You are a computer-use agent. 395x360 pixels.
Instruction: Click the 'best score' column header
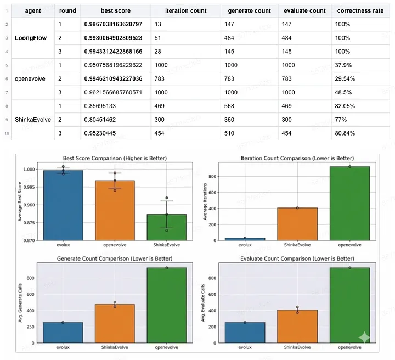click(x=115, y=10)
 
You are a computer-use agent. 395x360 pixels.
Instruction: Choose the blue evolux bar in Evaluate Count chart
click(x=245, y=333)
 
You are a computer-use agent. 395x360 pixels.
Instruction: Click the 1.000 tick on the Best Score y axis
click(x=31, y=170)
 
